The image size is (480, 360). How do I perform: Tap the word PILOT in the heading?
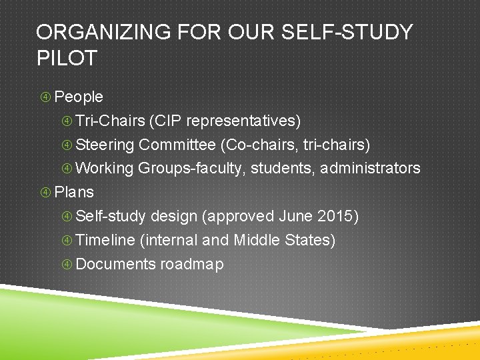point(67,58)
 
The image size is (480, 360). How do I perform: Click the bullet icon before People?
point(45,97)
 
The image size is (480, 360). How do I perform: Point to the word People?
point(79,97)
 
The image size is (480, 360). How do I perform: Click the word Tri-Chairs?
point(111,121)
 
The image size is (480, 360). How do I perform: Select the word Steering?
point(105,145)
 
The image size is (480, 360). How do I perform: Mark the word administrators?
point(370,169)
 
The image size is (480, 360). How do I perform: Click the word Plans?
point(74,193)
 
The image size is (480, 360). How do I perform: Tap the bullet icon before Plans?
point(45,193)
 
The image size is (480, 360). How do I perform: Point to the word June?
point(295,217)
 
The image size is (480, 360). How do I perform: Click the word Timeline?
point(106,241)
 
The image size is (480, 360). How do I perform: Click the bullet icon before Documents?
point(67,265)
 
